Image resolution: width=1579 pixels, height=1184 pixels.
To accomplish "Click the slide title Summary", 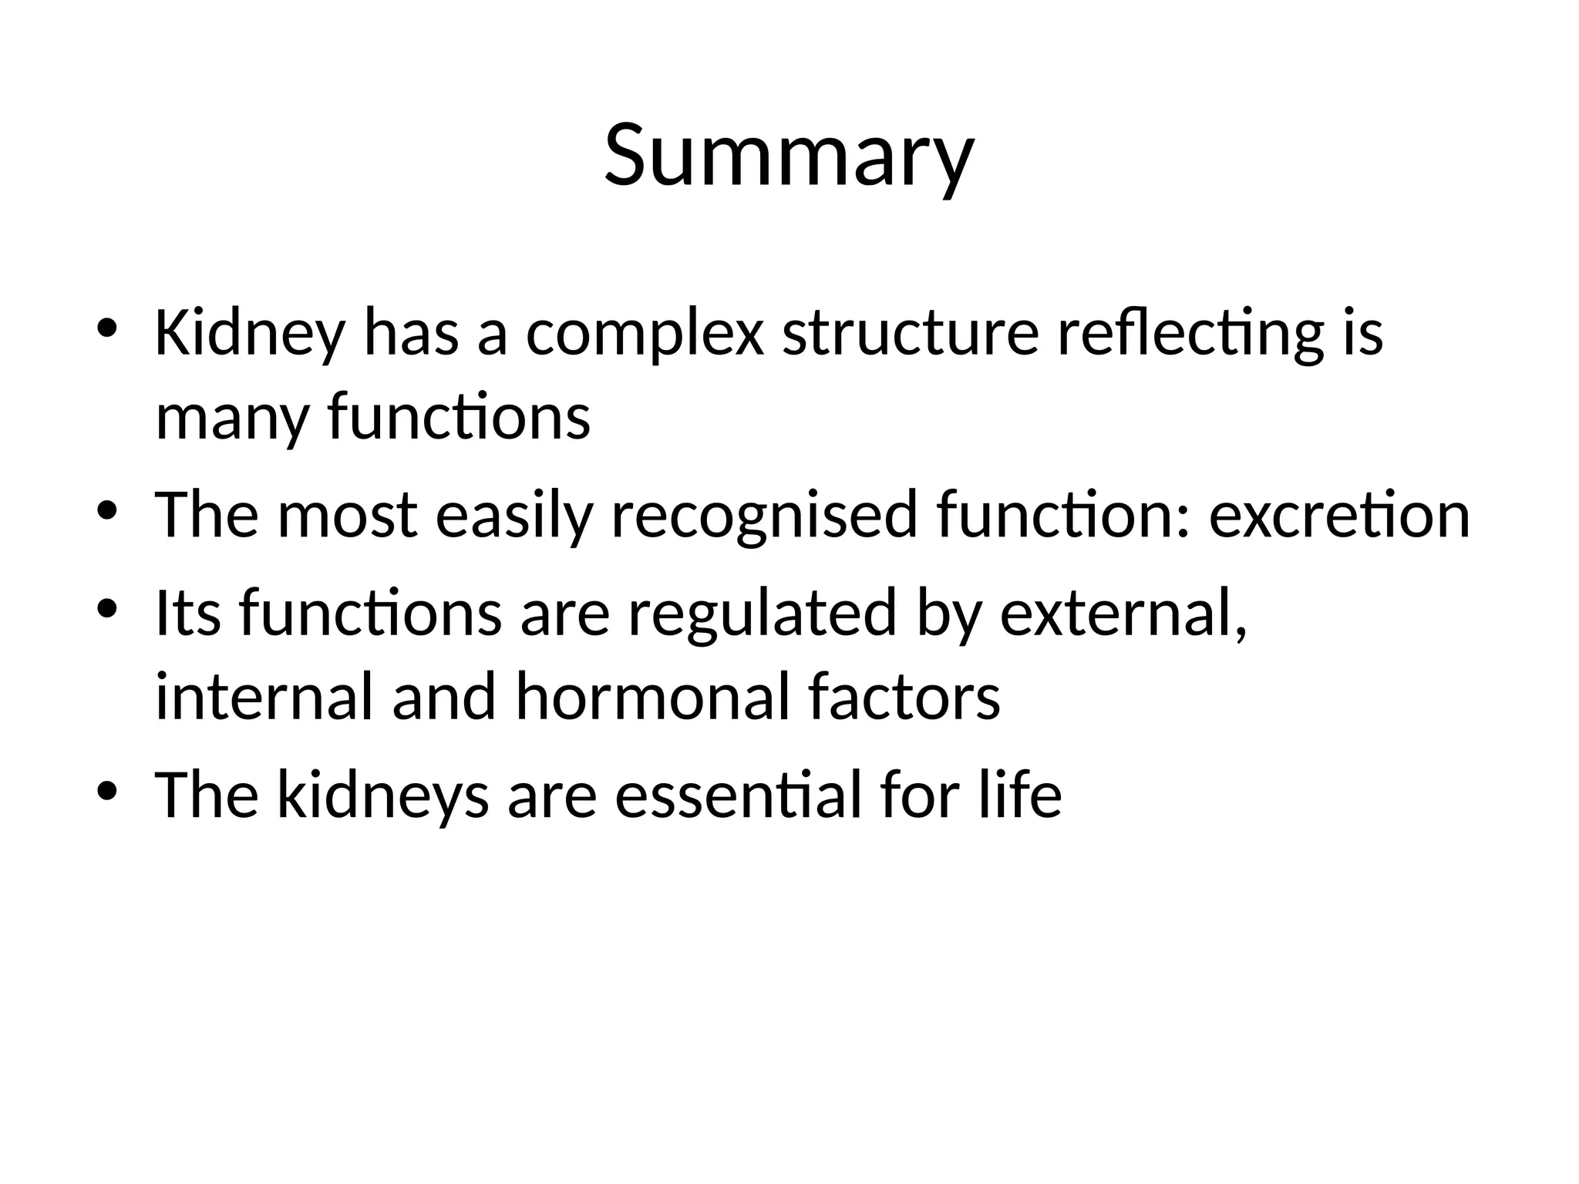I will click(x=789, y=156).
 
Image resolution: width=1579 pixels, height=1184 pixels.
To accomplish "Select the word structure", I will click(x=911, y=335).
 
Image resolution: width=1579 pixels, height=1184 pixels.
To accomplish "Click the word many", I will click(x=231, y=418).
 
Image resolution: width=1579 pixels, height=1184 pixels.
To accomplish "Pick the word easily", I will click(x=514, y=516).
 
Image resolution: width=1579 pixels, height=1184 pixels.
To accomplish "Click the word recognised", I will click(x=763, y=516).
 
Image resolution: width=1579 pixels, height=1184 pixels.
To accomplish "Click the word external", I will click(x=1122, y=614).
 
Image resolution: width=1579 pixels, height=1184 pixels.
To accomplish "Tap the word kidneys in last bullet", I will click(x=382, y=795).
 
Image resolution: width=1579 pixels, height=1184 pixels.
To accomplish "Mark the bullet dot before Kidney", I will click(x=106, y=328).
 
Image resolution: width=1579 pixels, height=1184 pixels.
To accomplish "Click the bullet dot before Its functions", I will click(x=106, y=608).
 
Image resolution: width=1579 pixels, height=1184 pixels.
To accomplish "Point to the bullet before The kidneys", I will click(x=106, y=790).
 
